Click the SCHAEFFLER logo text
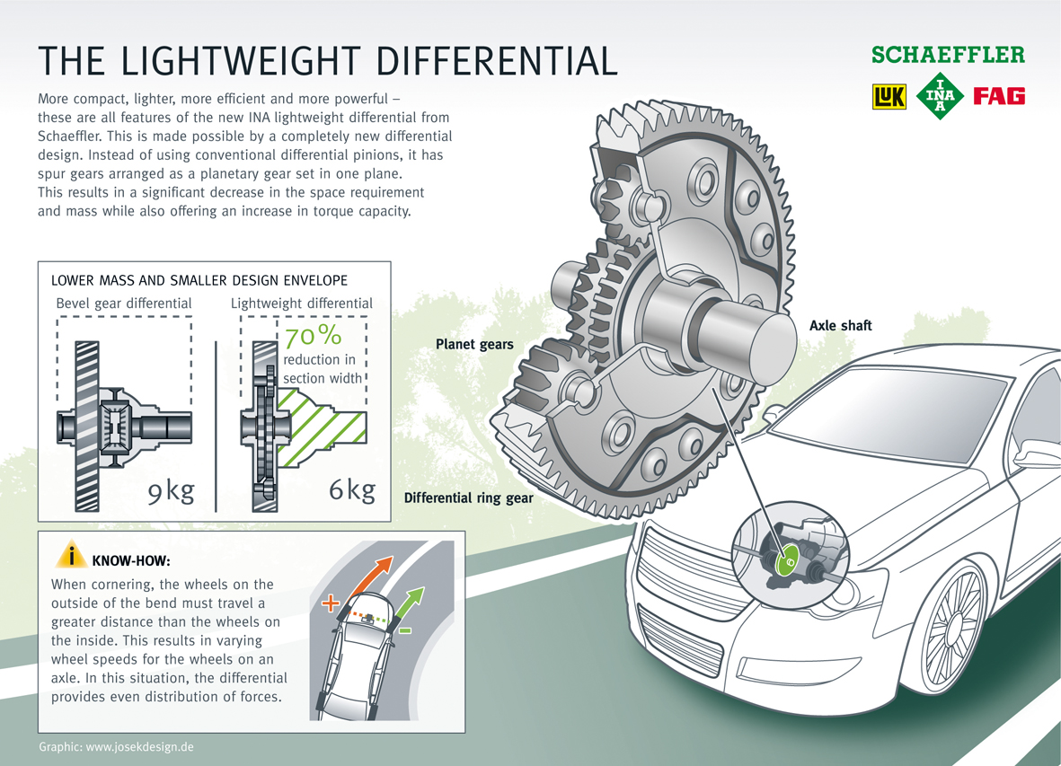[948, 55]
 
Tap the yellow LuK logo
[889, 96]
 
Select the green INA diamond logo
[940, 96]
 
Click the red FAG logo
[1000, 96]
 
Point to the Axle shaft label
[840, 326]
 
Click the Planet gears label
[474, 344]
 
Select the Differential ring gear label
[468, 497]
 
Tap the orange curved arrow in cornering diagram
[373, 575]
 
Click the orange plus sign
[330, 601]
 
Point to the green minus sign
[405, 630]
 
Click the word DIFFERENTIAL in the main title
[495, 59]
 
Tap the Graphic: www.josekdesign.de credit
[117, 747]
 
